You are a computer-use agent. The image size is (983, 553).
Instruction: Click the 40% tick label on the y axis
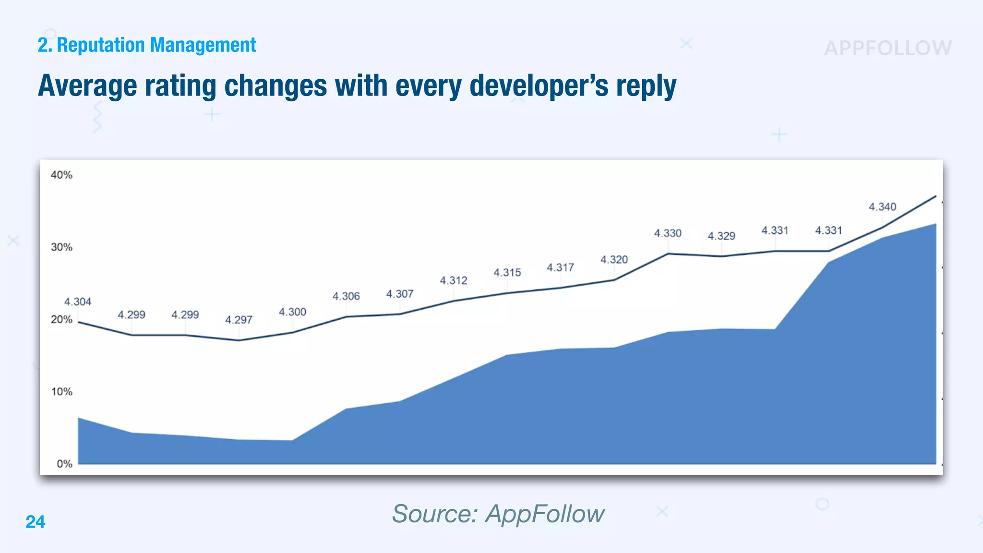pyautogui.click(x=61, y=175)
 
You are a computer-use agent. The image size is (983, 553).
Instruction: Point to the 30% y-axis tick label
pyautogui.click(x=61, y=247)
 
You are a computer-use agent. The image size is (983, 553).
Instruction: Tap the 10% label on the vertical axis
pyautogui.click(x=61, y=392)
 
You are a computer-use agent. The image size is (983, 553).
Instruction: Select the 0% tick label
pyautogui.click(x=64, y=464)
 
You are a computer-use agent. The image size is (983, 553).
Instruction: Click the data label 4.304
pyautogui.click(x=78, y=302)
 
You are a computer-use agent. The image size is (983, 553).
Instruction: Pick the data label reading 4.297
pyautogui.click(x=239, y=320)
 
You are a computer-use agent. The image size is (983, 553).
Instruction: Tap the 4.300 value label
pyautogui.click(x=292, y=312)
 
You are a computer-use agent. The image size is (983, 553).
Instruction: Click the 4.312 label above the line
pyautogui.click(x=453, y=280)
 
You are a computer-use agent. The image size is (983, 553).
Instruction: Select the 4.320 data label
pyautogui.click(x=614, y=260)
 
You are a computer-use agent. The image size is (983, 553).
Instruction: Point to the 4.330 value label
pyautogui.click(x=668, y=233)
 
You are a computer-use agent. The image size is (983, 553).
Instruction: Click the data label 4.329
pyautogui.click(x=721, y=236)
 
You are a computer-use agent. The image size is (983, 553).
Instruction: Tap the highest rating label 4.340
pyautogui.click(x=882, y=207)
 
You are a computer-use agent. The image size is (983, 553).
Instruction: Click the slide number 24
pyautogui.click(x=36, y=522)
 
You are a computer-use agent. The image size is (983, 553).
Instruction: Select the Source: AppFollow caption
pyautogui.click(x=498, y=514)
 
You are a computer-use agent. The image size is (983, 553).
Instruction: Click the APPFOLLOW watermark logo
pyautogui.click(x=888, y=48)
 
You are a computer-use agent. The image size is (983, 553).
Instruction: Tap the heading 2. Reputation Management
pyautogui.click(x=147, y=45)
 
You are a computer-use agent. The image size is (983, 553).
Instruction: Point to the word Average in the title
pyautogui.click(x=87, y=86)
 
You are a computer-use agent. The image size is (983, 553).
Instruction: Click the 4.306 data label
pyautogui.click(x=346, y=296)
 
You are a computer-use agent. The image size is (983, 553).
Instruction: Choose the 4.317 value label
pyautogui.click(x=560, y=267)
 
